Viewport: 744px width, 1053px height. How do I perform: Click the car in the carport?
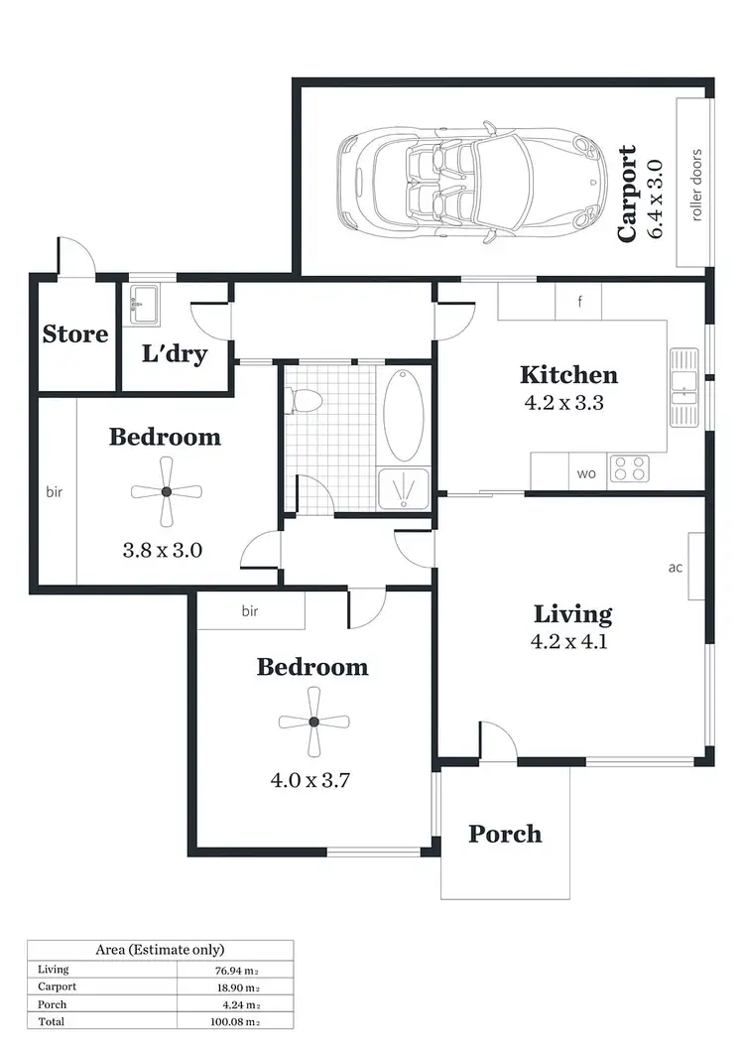(471, 184)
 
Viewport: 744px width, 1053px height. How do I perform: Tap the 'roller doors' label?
(697, 185)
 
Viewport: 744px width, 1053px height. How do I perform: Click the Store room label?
(75, 334)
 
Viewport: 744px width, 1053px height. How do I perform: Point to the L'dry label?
(175, 353)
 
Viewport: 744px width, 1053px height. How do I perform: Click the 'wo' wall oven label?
(586, 473)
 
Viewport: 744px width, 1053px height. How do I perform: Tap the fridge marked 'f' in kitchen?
(579, 302)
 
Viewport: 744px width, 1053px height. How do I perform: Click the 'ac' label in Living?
(676, 568)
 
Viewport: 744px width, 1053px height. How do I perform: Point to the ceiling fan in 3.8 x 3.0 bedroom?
(166, 491)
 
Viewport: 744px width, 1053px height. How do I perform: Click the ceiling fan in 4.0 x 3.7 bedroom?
(312, 722)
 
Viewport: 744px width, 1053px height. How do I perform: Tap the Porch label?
(505, 833)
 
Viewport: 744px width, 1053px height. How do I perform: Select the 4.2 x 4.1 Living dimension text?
(568, 641)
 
